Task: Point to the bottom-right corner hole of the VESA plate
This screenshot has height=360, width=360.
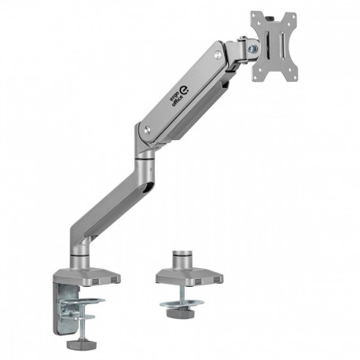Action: (292, 76)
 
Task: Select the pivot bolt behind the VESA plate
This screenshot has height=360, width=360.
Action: (252, 48)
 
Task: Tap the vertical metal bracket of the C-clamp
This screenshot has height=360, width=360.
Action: (68, 311)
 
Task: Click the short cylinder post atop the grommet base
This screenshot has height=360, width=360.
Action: (182, 257)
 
